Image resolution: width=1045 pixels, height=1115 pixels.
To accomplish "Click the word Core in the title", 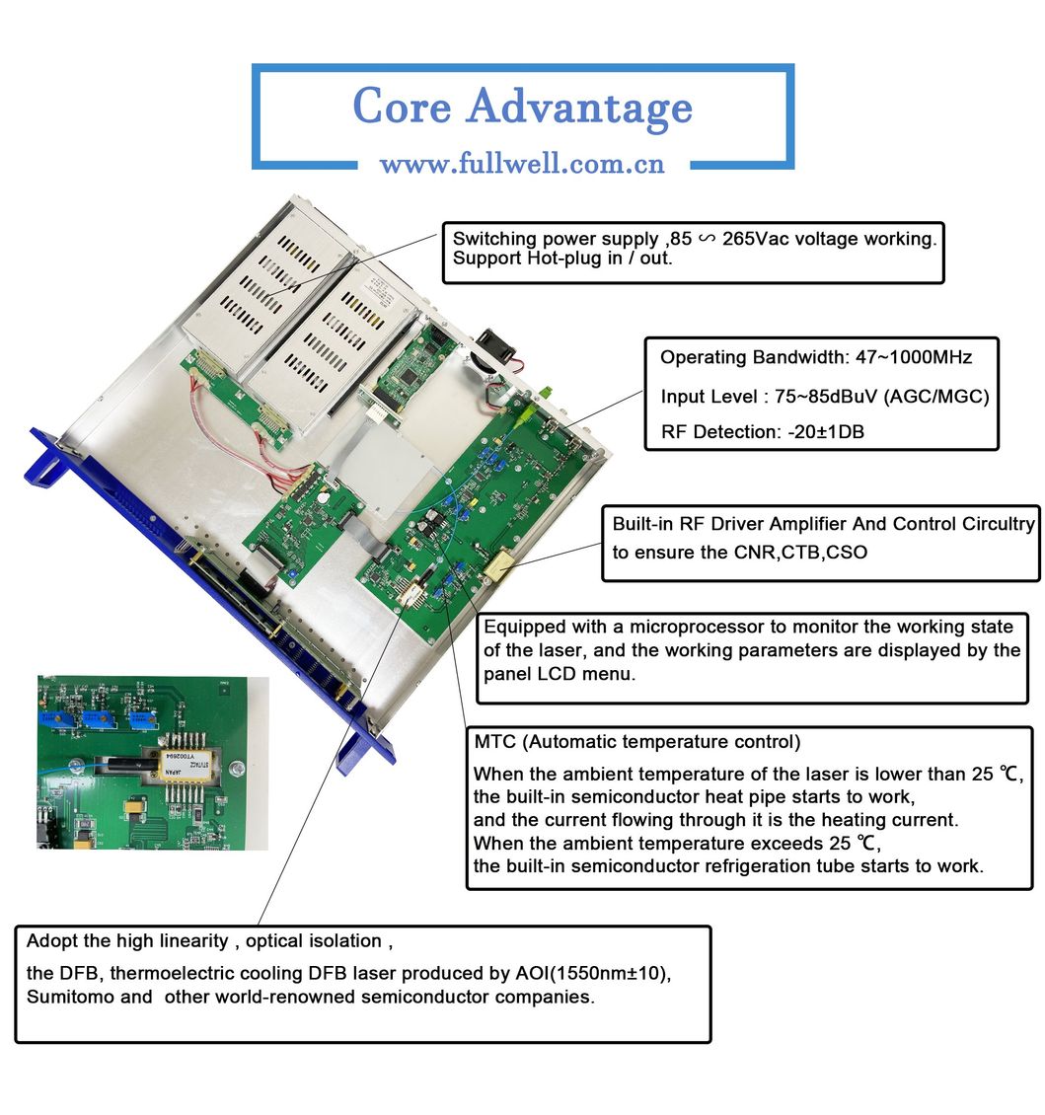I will point(403,107).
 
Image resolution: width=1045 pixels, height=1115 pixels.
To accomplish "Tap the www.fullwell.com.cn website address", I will point(522,164).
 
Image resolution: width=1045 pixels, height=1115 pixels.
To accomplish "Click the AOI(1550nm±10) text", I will point(593,973).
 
